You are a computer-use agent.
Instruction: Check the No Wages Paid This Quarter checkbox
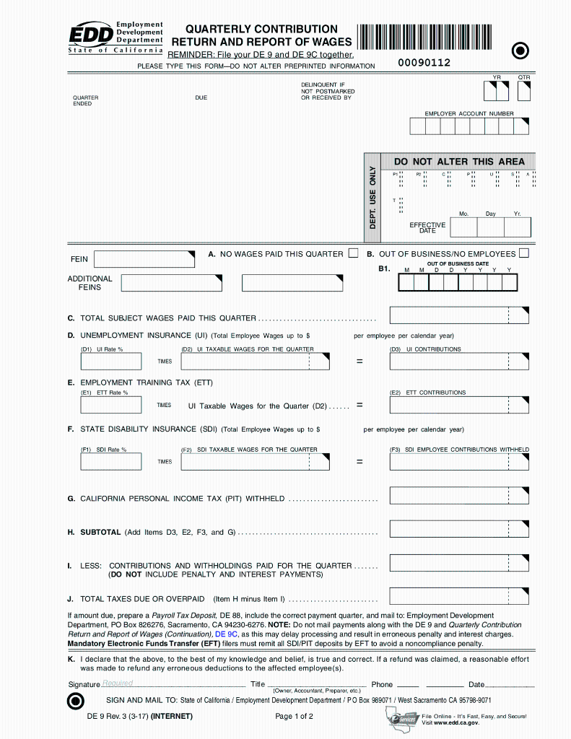353,253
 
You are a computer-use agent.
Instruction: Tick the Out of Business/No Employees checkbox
523,253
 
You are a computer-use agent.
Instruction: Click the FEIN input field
144,259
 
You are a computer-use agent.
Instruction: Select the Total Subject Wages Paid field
459,315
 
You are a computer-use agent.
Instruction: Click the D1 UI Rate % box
110,362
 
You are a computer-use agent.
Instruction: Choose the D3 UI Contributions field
459,362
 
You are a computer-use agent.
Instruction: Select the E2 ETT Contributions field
459,406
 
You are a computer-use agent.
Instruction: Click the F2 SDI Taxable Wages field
256,462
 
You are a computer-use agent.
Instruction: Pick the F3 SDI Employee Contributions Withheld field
459,462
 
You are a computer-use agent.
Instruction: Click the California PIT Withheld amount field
459,496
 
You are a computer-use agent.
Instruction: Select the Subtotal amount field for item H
459,529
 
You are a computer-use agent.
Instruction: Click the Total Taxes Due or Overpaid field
459,596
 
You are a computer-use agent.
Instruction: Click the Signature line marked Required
173,683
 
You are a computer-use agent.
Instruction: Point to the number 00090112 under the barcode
424,63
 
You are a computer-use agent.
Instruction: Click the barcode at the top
429,38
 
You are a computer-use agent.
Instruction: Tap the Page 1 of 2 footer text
294,717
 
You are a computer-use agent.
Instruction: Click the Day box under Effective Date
491,227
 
